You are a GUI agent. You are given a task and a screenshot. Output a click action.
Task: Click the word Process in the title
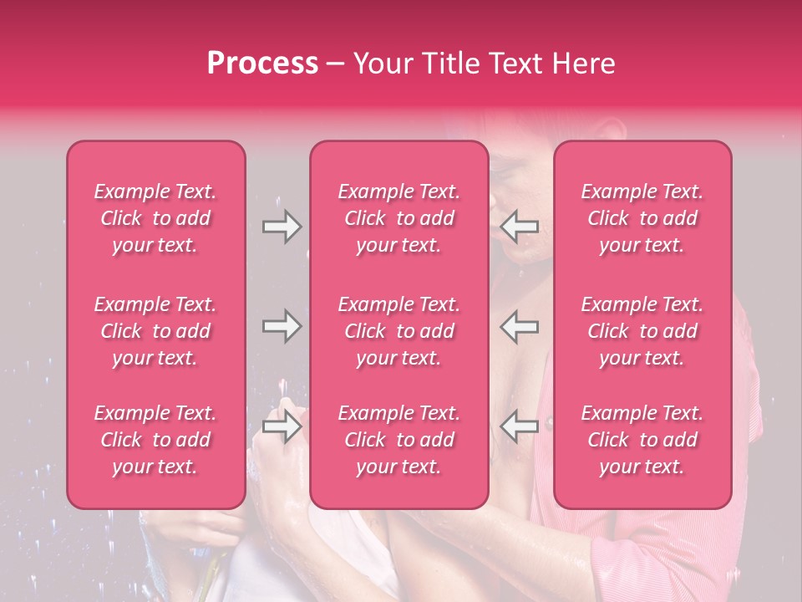[x=262, y=64]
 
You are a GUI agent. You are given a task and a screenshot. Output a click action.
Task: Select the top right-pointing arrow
[x=282, y=227]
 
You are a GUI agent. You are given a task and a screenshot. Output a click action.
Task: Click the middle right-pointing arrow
[x=282, y=326]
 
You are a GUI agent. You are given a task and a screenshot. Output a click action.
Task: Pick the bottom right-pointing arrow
[x=282, y=426]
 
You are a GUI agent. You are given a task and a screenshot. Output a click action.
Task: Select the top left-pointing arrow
[x=520, y=227]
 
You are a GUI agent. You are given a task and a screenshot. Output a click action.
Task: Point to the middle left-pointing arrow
[x=520, y=326]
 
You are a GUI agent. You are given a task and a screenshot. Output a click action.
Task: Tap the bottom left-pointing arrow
[x=520, y=426]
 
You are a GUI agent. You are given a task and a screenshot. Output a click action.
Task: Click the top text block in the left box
[x=155, y=218]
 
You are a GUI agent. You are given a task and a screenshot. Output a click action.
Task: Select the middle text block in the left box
[x=155, y=331]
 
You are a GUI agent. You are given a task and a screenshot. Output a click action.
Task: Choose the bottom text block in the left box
[x=155, y=440]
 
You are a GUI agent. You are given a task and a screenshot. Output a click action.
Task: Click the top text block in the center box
[x=399, y=218]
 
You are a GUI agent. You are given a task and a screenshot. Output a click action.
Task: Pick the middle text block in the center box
[x=399, y=331]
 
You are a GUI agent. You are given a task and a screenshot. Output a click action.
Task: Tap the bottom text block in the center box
[x=399, y=440]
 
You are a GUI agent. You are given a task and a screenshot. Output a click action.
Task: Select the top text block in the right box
[x=642, y=218]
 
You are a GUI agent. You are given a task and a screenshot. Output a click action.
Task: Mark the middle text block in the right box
[x=642, y=331]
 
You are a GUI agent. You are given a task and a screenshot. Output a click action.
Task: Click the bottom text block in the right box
[x=642, y=440]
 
